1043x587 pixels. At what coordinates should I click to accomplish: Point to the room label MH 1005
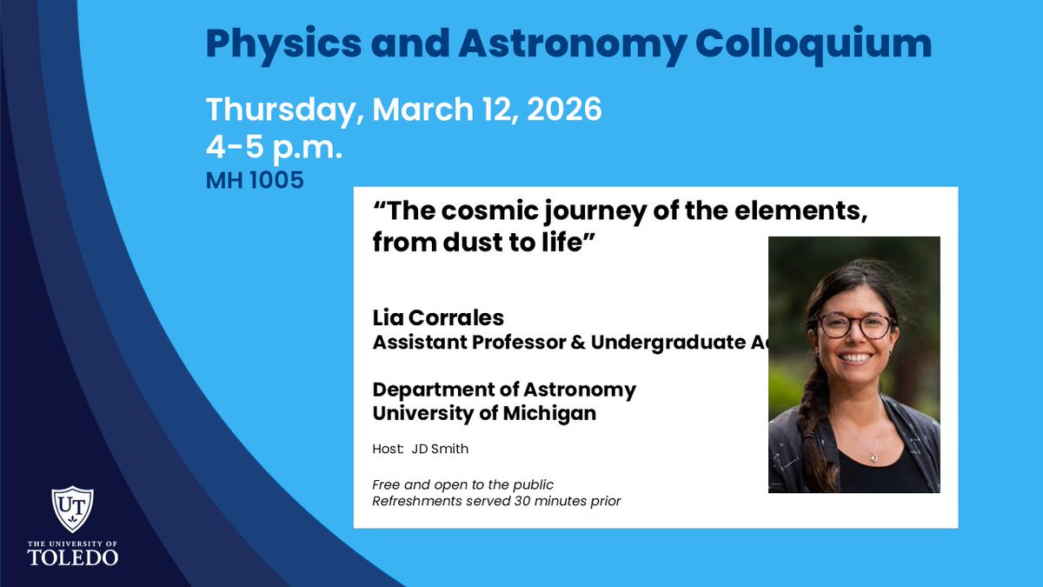[255, 182]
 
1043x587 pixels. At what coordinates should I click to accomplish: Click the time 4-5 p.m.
[274, 147]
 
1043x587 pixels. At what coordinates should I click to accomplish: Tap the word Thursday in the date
[282, 110]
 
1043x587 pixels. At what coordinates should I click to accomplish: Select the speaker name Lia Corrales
[438, 319]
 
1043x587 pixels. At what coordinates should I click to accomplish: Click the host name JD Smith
[445, 449]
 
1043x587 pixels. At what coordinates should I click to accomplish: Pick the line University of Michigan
[484, 413]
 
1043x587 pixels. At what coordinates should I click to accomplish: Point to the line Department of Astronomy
[504, 389]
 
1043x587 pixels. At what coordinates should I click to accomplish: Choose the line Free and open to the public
[462, 484]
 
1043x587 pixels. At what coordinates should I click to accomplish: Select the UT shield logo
[72, 509]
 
